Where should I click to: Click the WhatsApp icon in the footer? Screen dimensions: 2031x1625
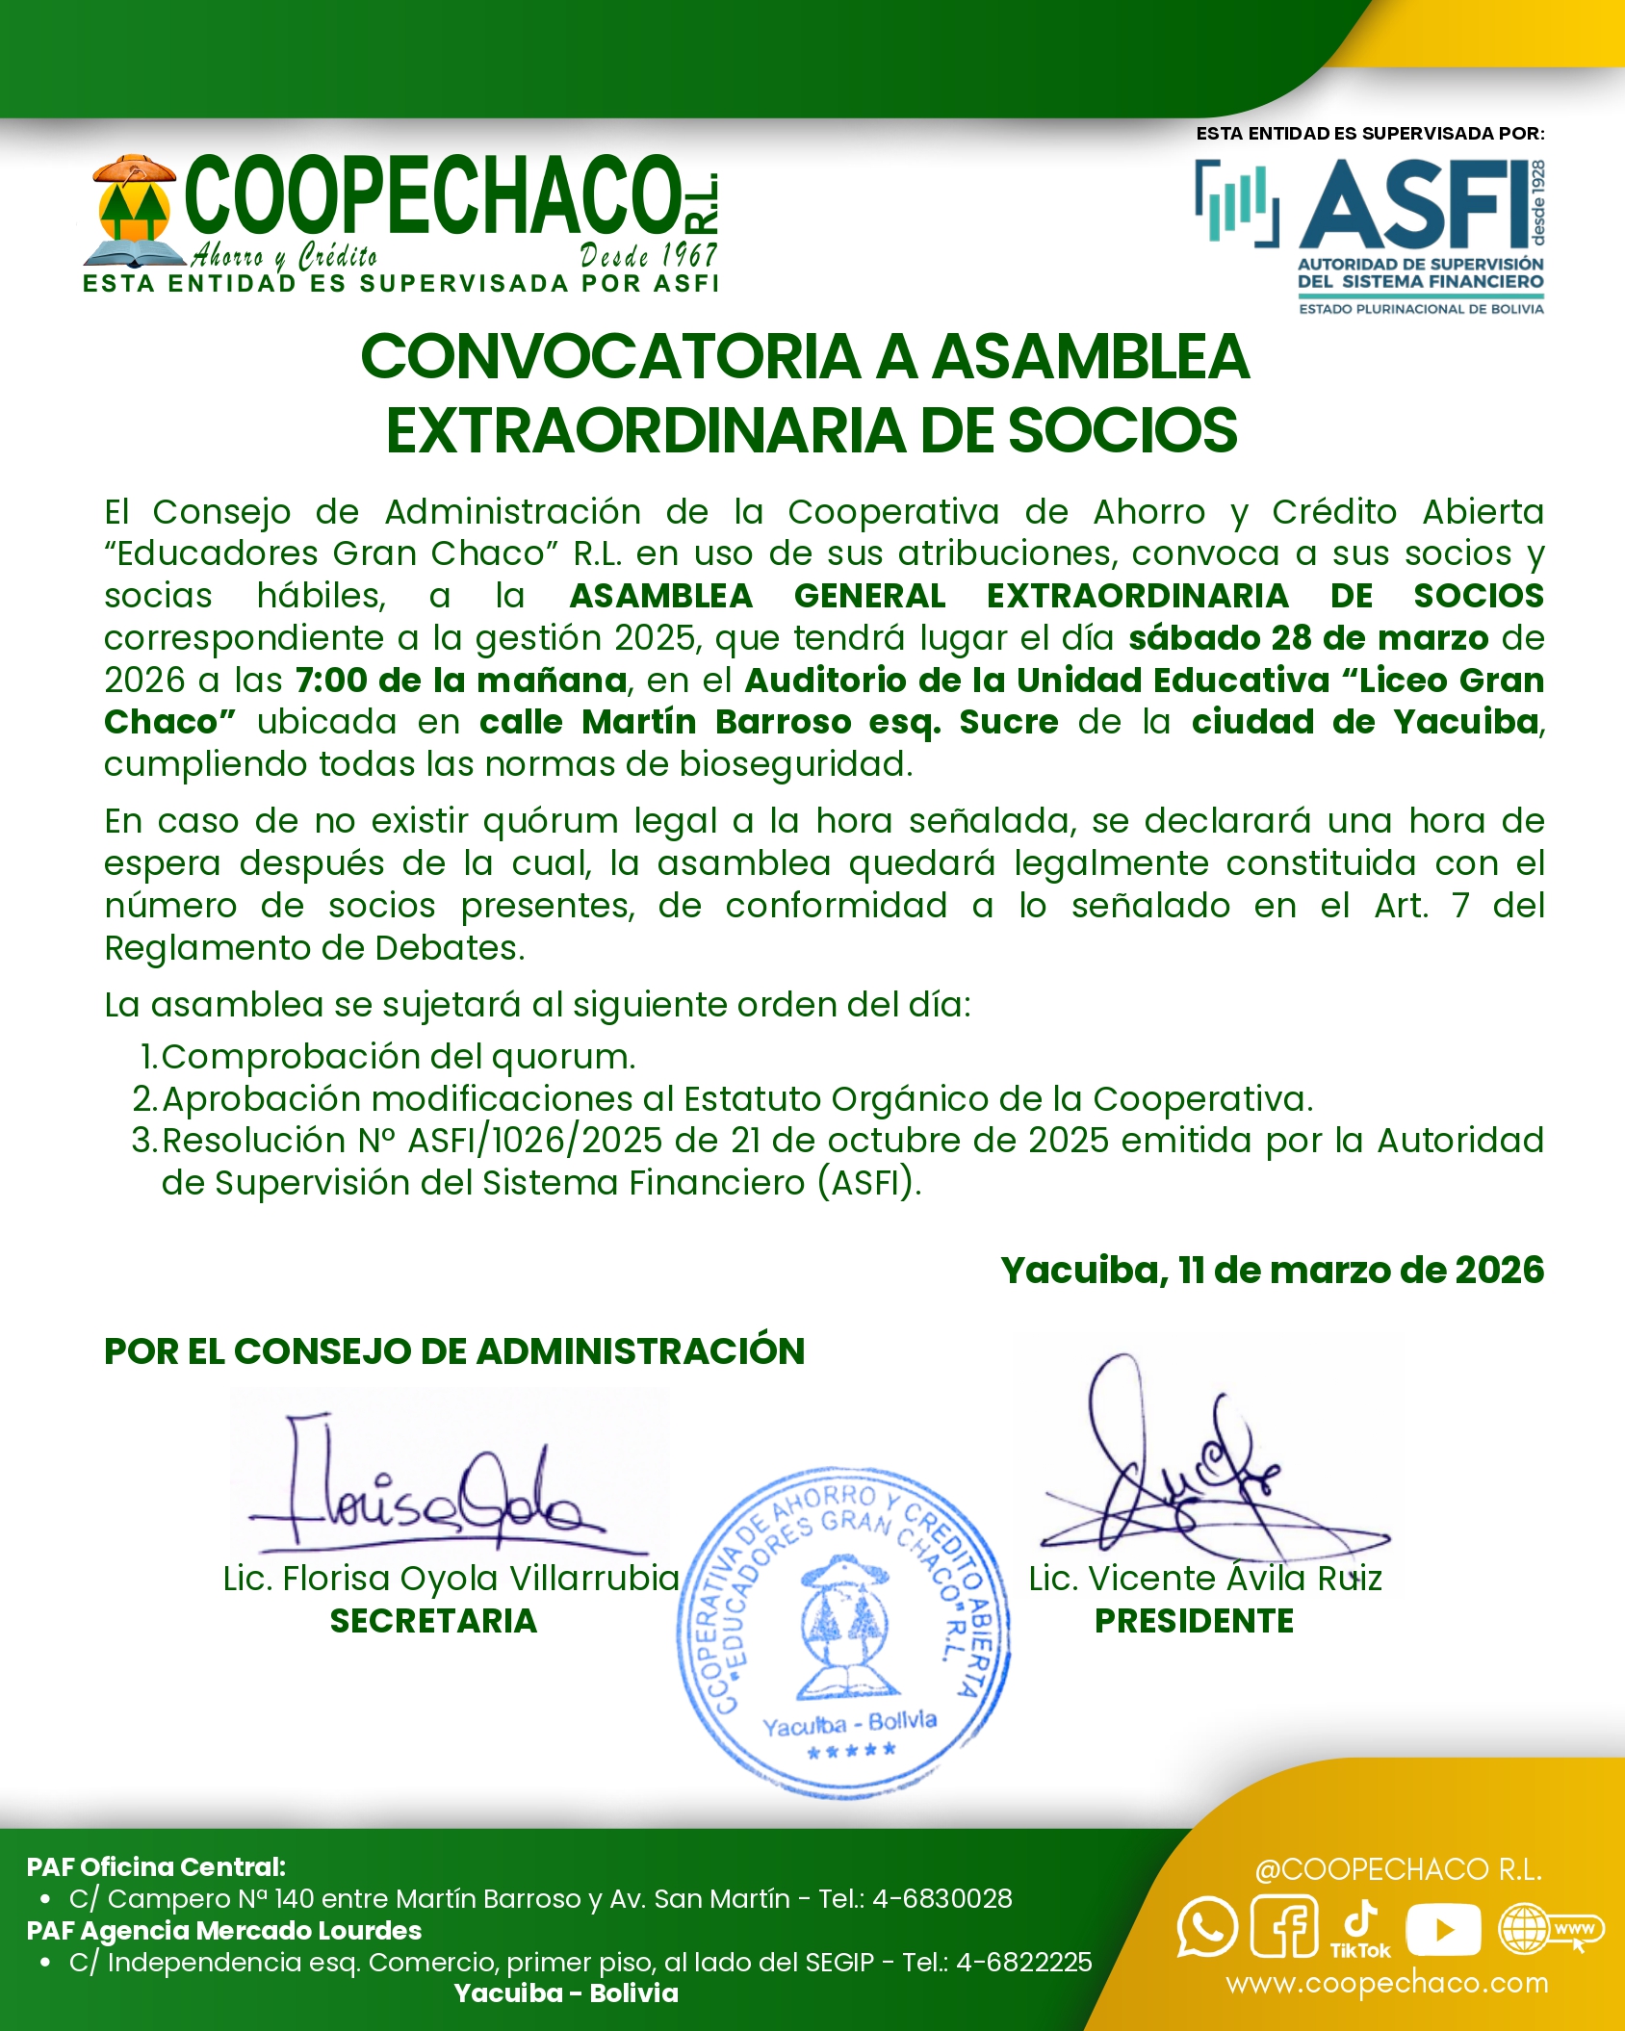click(x=1206, y=1927)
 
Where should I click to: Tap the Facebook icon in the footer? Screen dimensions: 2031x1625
click(x=1283, y=1927)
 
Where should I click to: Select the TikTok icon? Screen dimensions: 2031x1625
click(x=1360, y=1928)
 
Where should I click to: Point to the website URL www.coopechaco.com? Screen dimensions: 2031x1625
click(x=1386, y=1983)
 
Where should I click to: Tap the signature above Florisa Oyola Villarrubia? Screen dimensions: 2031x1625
click(x=433, y=1482)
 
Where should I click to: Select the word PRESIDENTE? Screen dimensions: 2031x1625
click(x=1194, y=1621)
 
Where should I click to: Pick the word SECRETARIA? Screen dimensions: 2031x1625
click(x=433, y=1621)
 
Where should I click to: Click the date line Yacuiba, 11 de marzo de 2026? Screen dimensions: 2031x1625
click(x=1272, y=1271)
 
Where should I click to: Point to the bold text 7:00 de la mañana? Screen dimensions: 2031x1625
click(x=461, y=681)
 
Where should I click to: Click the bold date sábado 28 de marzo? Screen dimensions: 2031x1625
click(x=1308, y=638)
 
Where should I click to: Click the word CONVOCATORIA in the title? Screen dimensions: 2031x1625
click(x=610, y=356)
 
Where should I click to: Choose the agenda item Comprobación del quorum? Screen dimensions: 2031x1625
click(x=398, y=1057)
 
